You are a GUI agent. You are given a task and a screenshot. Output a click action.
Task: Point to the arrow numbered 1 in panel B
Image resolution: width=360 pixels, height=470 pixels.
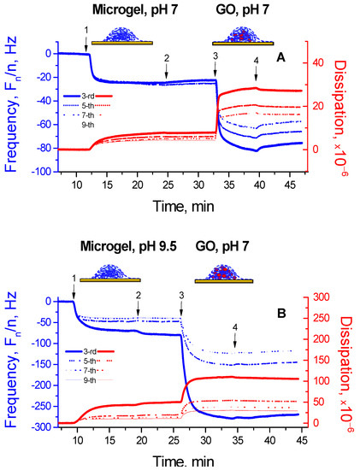74,284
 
